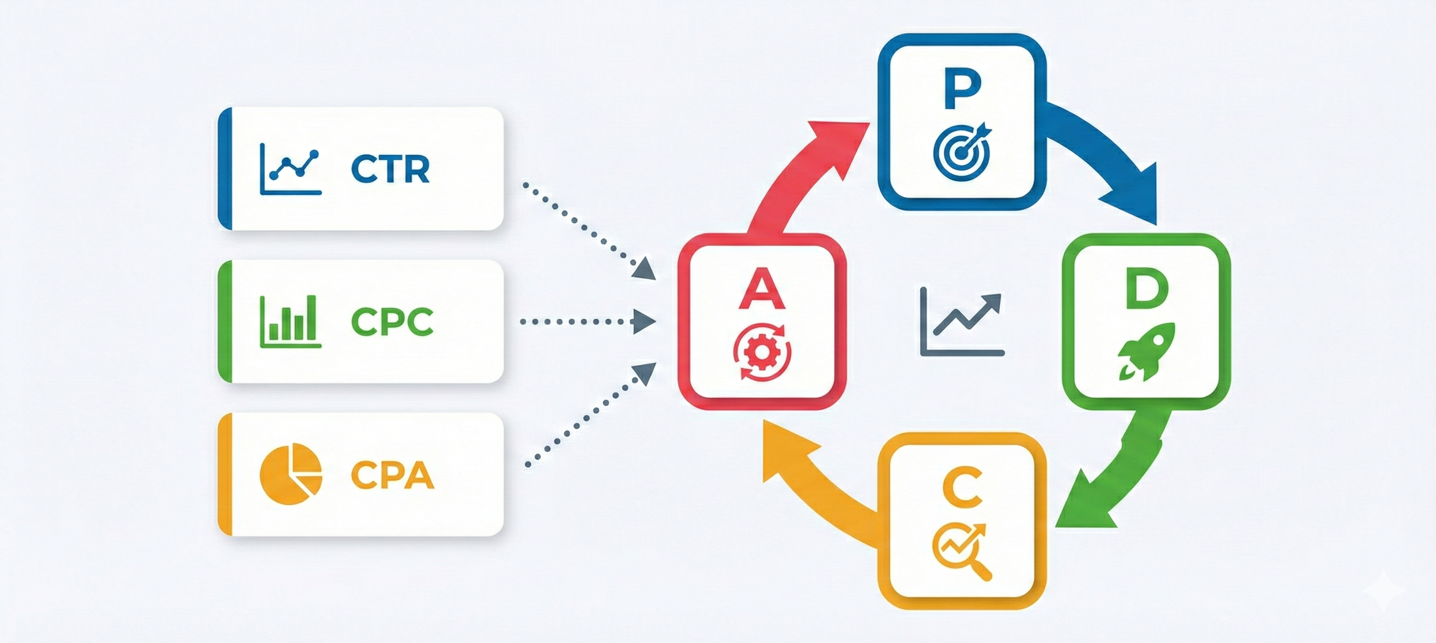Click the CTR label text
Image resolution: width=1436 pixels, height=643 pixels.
pos(390,169)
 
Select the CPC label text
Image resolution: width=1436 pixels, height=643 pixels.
pos(392,321)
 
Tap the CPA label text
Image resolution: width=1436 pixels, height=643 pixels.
pos(392,475)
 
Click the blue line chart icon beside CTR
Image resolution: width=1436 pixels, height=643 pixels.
pos(290,169)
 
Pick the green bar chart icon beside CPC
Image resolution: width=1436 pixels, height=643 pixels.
pos(290,321)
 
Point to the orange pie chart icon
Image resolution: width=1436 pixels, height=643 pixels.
pos(290,474)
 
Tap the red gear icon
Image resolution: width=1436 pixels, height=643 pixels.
pos(761,352)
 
